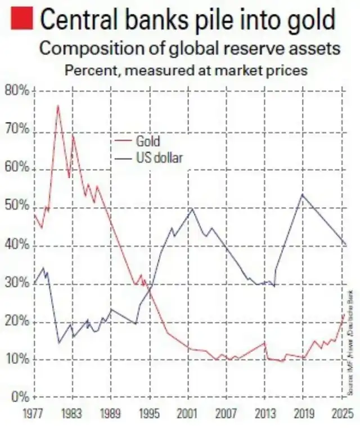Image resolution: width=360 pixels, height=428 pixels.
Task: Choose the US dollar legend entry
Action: (159, 158)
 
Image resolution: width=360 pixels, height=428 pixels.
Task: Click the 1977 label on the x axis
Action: (34, 414)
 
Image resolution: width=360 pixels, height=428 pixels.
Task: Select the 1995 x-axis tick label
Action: (148, 414)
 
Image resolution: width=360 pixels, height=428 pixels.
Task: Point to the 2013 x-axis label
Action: (264, 414)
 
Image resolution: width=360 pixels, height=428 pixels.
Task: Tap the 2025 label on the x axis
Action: (341, 414)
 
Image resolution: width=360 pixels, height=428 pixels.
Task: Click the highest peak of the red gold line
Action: (57, 106)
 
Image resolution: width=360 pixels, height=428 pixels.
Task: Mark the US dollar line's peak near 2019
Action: (303, 194)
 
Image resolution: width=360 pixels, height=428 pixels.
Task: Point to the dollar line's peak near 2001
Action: (192, 208)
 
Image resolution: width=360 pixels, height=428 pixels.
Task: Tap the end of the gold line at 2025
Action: (344, 314)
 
